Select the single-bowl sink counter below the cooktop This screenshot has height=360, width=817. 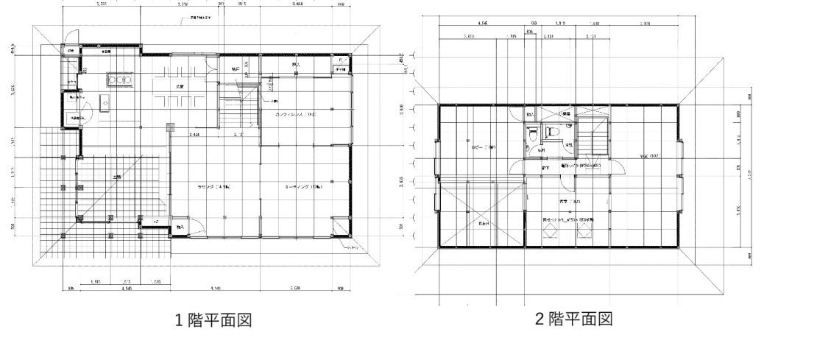click(x=102, y=105)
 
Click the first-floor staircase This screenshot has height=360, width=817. click(x=237, y=110)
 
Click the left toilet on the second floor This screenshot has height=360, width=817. click(x=532, y=137)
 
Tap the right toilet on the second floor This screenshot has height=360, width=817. click(x=551, y=130)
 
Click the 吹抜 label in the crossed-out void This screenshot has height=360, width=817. click(x=483, y=222)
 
